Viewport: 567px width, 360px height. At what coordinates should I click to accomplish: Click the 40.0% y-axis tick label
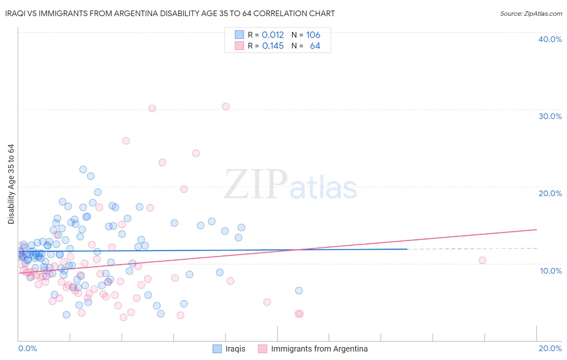pyautogui.click(x=550, y=39)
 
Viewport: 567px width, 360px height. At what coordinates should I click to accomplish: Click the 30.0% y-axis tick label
pyautogui.click(x=550, y=116)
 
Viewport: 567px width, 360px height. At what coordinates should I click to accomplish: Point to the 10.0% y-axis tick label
pyautogui.click(x=550, y=271)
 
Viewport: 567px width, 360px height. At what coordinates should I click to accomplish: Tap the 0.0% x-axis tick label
pyautogui.click(x=27, y=348)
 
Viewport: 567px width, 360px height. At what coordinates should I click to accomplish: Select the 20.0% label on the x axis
pyautogui.click(x=550, y=348)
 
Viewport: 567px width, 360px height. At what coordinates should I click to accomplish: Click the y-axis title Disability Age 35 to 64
pyautogui.click(x=11, y=184)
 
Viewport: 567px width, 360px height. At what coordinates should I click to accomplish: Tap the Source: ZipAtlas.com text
pyautogui.click(x=531, y=13)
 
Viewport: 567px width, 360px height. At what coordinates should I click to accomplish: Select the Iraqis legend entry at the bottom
pyautogui.click(x=235, y=349)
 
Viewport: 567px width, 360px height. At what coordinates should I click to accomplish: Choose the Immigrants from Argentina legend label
pyautogui.click(x=319, y=349)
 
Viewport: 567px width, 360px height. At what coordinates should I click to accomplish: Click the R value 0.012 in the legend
pyautogui.click(x=273, y=35)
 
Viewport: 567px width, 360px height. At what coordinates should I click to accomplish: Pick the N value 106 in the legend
pyautogui.click(x=313, y=35)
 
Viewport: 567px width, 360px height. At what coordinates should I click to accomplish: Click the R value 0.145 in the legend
pyautogui.click(x=273, y=46)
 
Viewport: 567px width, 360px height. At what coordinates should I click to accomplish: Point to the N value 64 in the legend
pyautogui.click(x=315, y=46)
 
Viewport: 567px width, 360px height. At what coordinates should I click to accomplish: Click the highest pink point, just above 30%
pyautogui.click(x=226, y=107)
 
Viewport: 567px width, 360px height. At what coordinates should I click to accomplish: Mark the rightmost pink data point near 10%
pyautogui.click(x=482, y=260)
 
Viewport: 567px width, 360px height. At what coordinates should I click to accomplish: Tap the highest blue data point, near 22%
pyautogui.click(x=83, y=170)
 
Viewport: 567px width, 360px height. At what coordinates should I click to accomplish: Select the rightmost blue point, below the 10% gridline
pyautogui.click(x=299, y=291)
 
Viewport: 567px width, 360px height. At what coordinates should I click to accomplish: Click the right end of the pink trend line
pyautogui.click(x=536, y=230)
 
